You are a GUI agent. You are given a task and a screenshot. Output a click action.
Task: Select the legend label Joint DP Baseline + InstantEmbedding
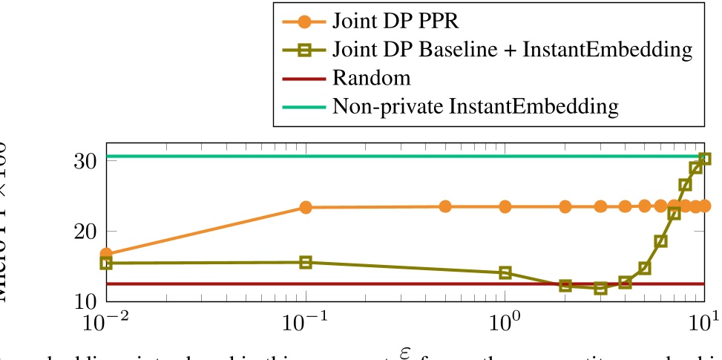click(512, 50)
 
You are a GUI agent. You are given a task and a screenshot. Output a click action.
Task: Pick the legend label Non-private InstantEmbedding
click(476, 106)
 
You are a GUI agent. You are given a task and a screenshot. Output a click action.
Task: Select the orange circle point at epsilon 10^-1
click(306, 208)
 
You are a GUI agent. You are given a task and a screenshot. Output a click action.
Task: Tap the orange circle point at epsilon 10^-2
click(107, 255)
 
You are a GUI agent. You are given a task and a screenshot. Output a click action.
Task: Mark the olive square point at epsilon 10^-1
click(306, 262)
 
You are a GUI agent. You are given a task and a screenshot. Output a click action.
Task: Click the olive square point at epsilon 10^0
click(505, 272)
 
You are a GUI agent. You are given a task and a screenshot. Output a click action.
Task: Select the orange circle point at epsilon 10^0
click(505, 206)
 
